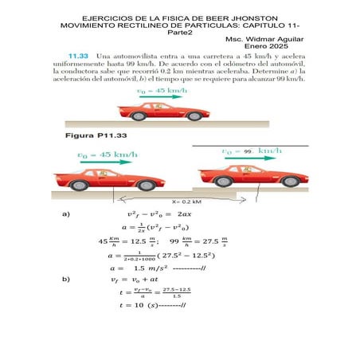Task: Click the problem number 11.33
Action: (x=77, y=57)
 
